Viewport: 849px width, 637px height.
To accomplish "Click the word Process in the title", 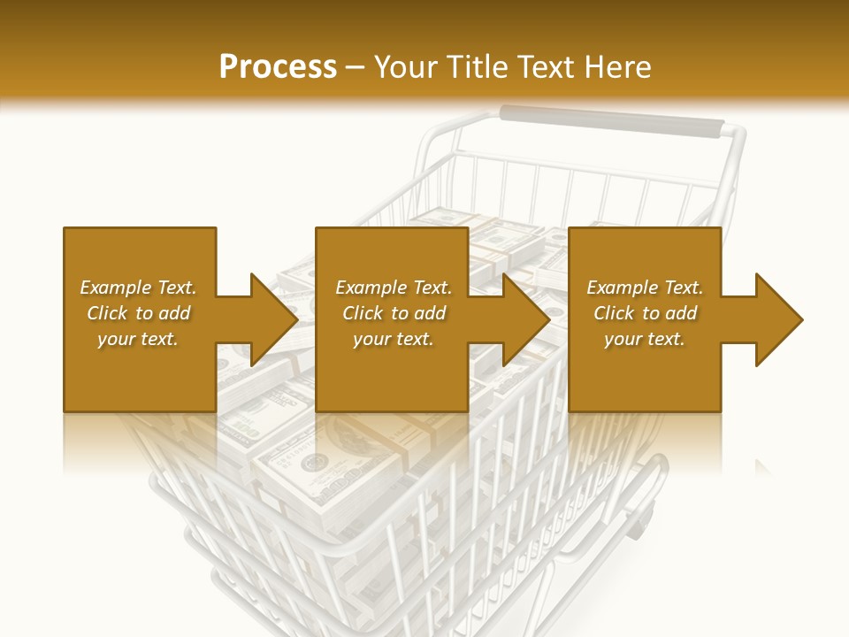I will [x=278, y=67].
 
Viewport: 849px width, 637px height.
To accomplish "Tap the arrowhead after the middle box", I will [x=525, y=319].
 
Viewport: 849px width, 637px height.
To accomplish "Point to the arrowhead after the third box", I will [x=778, y=319].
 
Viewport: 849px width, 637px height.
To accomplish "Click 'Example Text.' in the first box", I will [x=138, y=288].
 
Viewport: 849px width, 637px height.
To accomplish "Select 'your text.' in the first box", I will [x=138, y=339].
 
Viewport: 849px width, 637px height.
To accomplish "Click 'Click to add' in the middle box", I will [x=394, y=313].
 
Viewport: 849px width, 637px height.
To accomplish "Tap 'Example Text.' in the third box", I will [x=645, y=288].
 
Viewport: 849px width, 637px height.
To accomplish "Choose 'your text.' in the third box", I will [x=645, y=339].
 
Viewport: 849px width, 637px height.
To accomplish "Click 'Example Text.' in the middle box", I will [x=394, y=288].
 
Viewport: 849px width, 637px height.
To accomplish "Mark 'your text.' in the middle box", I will [x=394, y=339].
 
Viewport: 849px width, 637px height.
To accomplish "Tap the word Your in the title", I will [x=403, y=67].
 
